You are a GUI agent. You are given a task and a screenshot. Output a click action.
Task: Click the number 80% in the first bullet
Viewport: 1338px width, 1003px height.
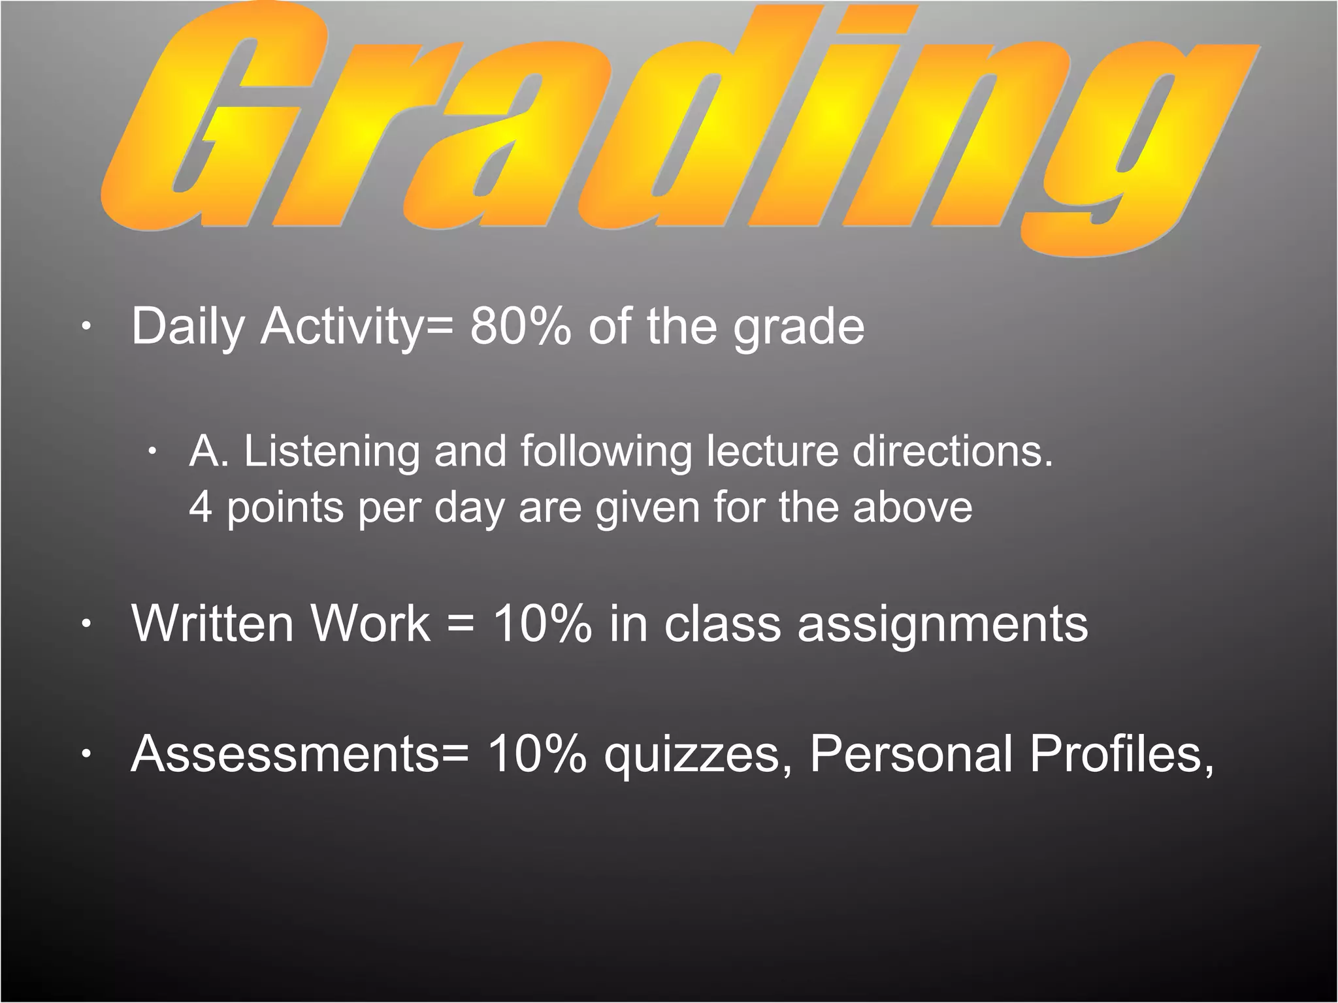tap(520, 326)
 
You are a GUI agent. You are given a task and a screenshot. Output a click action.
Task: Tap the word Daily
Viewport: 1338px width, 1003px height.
tap(187, 326)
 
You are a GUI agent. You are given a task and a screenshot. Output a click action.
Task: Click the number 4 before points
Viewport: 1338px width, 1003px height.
tap(201, 507)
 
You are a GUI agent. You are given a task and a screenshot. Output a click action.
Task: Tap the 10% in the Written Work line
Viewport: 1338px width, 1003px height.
tap(542, 623)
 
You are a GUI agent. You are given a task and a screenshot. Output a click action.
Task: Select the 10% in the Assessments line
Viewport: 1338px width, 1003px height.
tap(536, 754)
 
